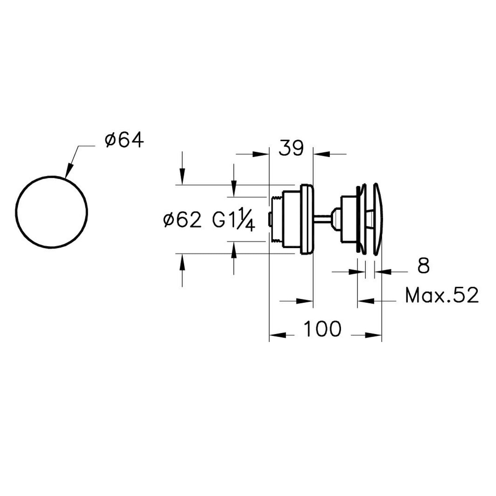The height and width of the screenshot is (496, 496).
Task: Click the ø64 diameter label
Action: click(124, 140)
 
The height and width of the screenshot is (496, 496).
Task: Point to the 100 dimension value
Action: click(322, 329)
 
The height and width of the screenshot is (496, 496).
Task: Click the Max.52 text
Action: click(442, 295)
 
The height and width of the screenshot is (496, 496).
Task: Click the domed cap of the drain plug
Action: click(378, 219)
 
